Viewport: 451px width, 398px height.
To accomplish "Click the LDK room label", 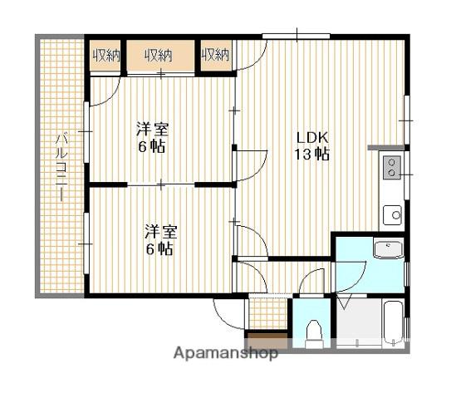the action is tap(312, 138).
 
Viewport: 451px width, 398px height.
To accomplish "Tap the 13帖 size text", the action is tap(311, 155).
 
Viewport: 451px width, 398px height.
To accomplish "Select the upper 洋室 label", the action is tap(152, 129).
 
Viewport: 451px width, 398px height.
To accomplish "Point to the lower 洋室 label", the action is tap(161, 232).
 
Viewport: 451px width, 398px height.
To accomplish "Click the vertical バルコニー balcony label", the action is tap(61, 166).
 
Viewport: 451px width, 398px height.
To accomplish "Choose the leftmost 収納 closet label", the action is tap(105, 55).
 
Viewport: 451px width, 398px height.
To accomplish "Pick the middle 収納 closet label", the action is tap(159, 55).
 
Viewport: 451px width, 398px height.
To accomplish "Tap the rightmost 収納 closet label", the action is tap(216, 54).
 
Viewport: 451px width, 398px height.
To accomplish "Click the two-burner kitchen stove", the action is tap(391, 167).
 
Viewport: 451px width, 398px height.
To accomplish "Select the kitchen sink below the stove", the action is tap(392, 215).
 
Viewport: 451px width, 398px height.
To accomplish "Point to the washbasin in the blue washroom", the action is tap(389, 249).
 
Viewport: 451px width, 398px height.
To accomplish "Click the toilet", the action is tap(314, 333).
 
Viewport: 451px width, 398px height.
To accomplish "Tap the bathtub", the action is tap(394, 322).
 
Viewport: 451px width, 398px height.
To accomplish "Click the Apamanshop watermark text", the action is tap(226, 353).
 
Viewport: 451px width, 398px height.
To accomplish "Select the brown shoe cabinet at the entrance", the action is tap(267, 340).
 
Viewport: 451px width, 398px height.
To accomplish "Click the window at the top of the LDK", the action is tap(296, 37).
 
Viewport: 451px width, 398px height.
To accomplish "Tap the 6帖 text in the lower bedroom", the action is tap(159, 248).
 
